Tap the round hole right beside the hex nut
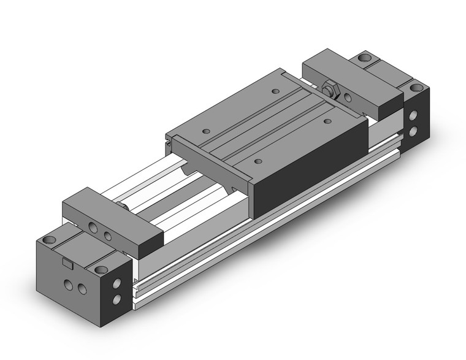(x=348, y=96)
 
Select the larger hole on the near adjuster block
(x=94, y=228)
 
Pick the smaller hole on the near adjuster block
(x=108, y=234)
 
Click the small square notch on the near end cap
(x=67, y=264)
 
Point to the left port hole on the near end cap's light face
(x=67, y=285)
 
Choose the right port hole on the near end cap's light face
(x=81, y=290)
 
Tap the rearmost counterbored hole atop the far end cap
(x=365, y=59)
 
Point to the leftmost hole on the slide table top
(x=204, y=130)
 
